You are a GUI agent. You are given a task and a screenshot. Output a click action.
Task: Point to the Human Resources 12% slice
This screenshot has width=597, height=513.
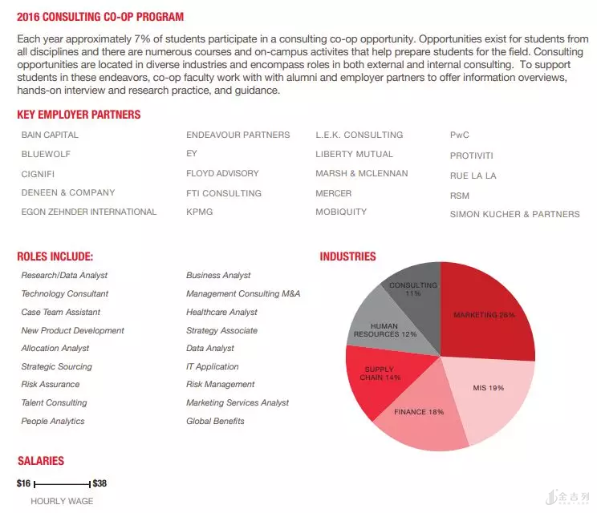(381, 325)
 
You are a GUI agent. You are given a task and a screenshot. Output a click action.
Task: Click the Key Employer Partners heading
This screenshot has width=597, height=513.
(79, 115)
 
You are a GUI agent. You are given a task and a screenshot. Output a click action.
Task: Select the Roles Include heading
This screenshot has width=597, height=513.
(55, 256)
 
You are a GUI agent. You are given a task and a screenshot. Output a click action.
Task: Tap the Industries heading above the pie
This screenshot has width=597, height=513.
(347, 256)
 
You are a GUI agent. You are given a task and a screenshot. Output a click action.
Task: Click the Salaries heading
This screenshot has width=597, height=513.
(41, 461)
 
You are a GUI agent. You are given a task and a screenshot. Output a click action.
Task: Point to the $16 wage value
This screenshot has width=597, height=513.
(23, 483)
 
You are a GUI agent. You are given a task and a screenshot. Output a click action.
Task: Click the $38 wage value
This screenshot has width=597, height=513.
(99, 483)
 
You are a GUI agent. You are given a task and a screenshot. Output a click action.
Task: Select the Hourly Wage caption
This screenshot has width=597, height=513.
(62, 501)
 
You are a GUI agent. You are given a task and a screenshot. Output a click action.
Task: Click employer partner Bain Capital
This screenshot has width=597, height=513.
(50, 135)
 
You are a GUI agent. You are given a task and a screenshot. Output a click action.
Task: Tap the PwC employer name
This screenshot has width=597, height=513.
(460, 135)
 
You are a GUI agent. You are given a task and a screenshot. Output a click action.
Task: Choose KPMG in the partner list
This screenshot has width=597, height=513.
(199, 212)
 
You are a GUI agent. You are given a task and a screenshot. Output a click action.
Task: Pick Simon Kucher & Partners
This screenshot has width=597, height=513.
(514, 214)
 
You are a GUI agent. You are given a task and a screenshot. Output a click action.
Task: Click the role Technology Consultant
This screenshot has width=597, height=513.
(65, 293)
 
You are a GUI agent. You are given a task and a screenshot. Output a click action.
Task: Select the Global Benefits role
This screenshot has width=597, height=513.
(215, 421)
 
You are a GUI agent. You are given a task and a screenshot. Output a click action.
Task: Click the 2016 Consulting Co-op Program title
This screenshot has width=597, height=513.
(100, 16)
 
